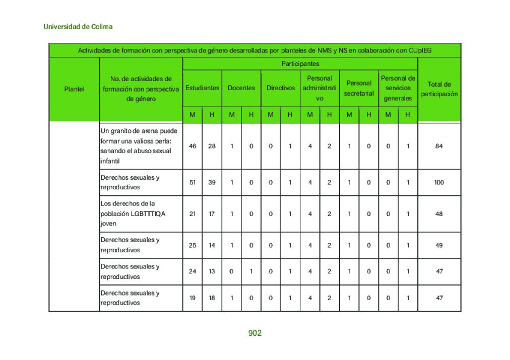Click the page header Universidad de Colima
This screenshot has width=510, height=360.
pos(78,27)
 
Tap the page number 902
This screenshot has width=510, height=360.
pos(255,333)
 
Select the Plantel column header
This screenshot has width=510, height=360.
pos(74,89)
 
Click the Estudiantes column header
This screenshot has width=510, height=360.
pos(202,88)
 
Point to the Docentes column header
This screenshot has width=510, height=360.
pos(241,88)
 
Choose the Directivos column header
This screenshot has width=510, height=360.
pos(281,88)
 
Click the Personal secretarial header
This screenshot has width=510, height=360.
pos(359,88)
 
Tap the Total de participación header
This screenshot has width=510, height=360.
pos(439,89)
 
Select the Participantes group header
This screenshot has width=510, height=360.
pos(300,64)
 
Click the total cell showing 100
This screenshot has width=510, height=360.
pos(439,182)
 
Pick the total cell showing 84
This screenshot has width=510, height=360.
pos(439,146)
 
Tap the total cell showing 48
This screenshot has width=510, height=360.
pos(439,213)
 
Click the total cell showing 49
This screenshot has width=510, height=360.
pos(439,245)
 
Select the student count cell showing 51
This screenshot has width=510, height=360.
pos(193,182)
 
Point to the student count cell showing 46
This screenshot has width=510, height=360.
pos(193,146)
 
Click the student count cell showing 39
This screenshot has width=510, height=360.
pos(212,182)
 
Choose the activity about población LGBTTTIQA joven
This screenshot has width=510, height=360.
pos(133,213)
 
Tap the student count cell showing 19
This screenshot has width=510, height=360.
pos(193,298)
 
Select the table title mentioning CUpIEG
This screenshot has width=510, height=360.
pos(254,50)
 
